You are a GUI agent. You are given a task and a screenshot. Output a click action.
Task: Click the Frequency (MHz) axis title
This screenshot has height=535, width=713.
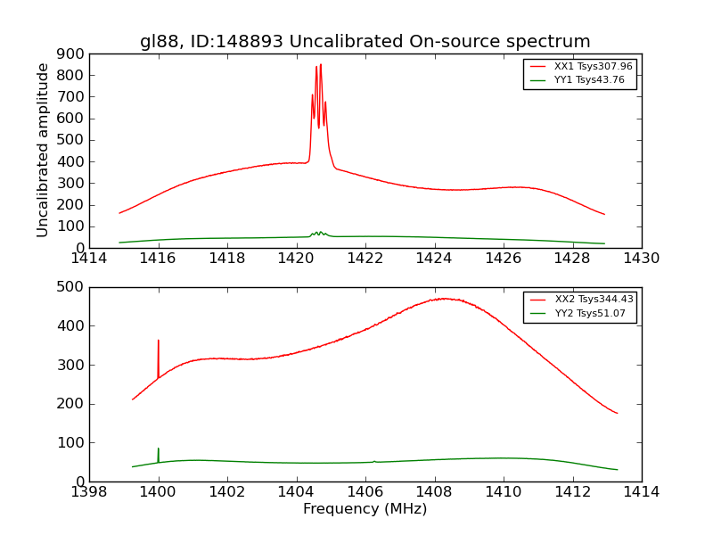(365, 509)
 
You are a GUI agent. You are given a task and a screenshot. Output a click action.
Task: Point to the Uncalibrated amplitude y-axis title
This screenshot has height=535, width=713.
(43, 150)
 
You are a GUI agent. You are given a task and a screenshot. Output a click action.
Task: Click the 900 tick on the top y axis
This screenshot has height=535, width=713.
(71, 53)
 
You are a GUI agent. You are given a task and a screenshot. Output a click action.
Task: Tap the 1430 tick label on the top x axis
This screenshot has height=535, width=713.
(641, 259)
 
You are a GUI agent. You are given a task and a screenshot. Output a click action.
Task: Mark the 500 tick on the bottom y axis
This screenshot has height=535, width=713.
(71, 287)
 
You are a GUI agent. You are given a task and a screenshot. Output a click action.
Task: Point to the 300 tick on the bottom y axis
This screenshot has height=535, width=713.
(71, 365)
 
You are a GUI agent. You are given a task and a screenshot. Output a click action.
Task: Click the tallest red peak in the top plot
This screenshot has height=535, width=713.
(321, 65)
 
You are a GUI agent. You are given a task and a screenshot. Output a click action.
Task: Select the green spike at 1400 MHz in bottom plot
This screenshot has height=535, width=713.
(159, 449)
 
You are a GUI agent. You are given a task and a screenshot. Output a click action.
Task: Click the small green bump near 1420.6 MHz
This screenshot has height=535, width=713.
(318, 233)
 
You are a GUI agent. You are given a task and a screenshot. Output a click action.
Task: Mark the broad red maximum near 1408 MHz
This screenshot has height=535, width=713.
(441, 299)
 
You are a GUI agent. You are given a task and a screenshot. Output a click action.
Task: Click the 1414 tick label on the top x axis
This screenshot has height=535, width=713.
(89, 259)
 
